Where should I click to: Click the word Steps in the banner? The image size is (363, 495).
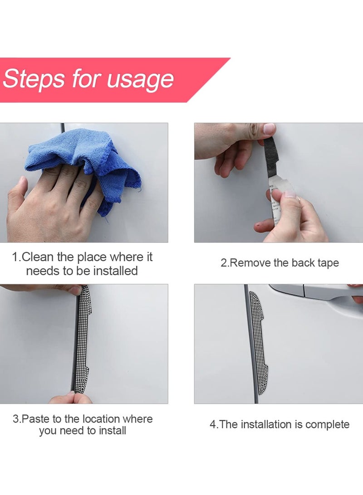[33, 78]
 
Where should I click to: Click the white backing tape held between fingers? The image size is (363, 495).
[279, 199]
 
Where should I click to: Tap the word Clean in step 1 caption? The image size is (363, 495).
[38, 257]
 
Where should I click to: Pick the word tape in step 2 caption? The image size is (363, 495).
[328, 263]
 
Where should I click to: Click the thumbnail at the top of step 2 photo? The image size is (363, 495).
[269, 128]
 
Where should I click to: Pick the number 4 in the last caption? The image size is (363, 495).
[213, 425]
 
